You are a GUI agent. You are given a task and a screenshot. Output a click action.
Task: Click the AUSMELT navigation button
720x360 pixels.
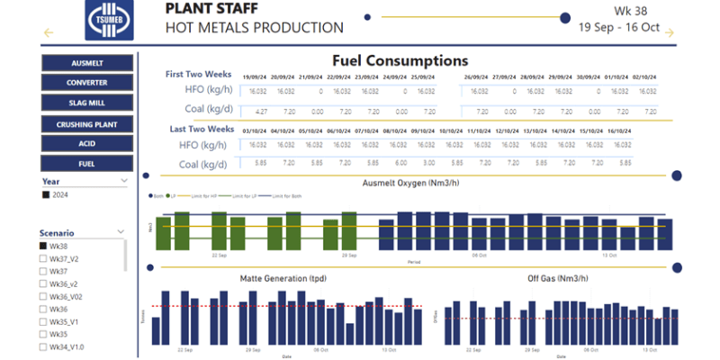pyautogui.click(x=86, y=63)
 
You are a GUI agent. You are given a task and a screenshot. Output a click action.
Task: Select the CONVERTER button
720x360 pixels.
pyautogui.click(x=86, y=83)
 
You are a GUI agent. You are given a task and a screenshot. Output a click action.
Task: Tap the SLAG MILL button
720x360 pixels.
pyautogui.click(x=86, y=103)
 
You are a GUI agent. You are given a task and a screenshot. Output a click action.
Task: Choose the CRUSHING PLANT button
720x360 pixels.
pyautogui.click(x=86, y=124)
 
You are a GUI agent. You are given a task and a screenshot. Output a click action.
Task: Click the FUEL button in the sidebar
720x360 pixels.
pyautogui.click(x=86, y=164)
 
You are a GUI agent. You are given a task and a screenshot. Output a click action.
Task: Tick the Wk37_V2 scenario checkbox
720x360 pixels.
pyautogui.click(x=42, y=258)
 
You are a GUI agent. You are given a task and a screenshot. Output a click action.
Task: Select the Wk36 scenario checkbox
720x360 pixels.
pyautogui.click(x=42, y=309)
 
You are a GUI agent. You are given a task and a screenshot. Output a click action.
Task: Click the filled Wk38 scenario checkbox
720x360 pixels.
pyautogui.click(x=42, y=246)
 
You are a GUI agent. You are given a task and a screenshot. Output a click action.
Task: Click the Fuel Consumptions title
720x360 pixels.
pyautogui.click(x=400, y=60)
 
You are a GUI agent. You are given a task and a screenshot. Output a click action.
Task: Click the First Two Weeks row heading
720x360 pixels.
pyautogui.click(x=200, y=74)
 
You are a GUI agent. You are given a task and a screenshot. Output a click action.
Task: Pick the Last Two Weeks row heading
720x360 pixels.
pyautogui.click(x=202, y=129)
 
